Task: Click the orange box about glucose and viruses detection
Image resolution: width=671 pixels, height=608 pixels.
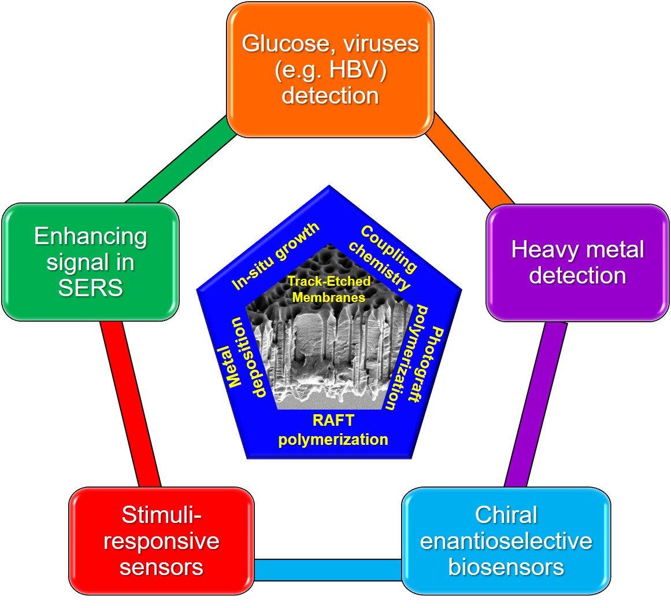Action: click(x=330, y=69)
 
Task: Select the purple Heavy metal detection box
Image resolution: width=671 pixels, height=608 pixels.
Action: click(x=577, y=262)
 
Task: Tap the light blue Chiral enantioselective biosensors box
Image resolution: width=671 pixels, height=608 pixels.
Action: click(x=506, y=540)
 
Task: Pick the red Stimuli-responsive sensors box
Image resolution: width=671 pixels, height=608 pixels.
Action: click(x=161, y=540)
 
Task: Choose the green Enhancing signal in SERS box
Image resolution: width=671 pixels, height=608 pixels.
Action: click(x=90, y=261)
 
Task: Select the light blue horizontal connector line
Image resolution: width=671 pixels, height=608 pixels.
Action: click(x=328, y=569)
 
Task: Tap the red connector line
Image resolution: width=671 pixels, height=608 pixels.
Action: click(x=131, y=404)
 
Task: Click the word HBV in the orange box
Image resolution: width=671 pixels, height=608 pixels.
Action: click(x=343, y=69)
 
